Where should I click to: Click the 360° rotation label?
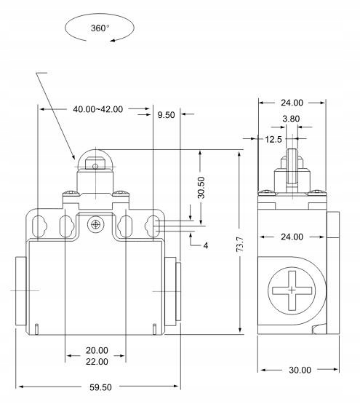coord(100,28)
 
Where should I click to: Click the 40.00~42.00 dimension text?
coord(98,109)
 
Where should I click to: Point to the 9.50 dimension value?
coord(166,115)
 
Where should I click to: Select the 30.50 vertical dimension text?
coord(201,187)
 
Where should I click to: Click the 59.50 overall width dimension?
coord(100,387)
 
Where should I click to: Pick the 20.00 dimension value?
coord(97,350)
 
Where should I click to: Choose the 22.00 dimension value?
coord(97,362)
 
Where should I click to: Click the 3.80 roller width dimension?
coord(291,119)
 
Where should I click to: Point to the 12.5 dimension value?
coord(273,140)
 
